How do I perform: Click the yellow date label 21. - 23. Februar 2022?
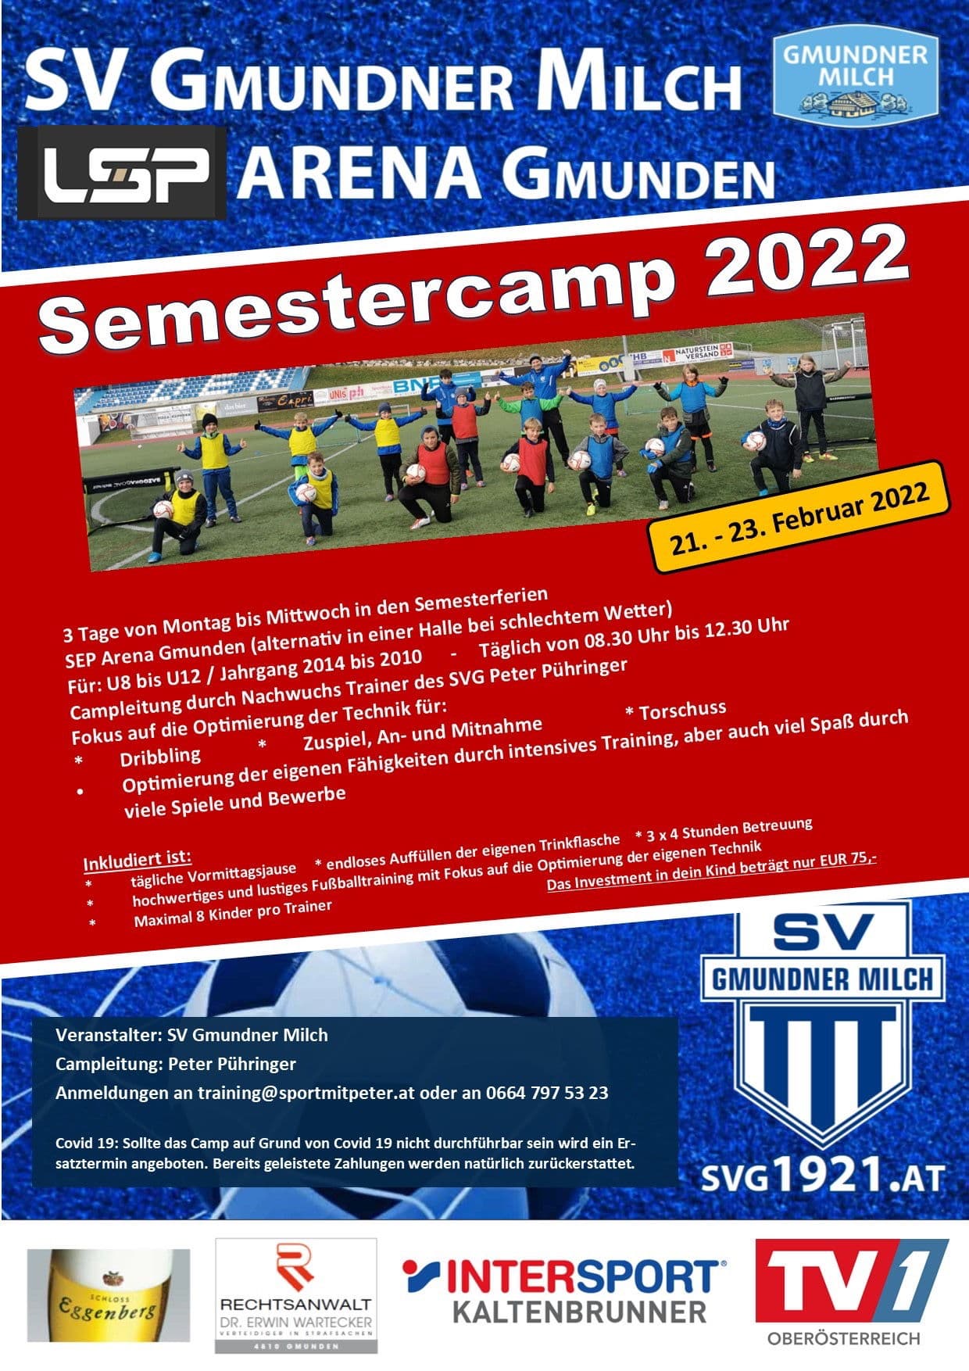[x=801, y=518]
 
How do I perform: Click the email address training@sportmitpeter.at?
[x=306, y=1093]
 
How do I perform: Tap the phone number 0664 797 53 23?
[x=547, y=1093]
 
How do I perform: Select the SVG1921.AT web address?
[x=822, y=1176]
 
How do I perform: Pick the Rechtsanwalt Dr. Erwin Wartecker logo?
[x=296, y=1296]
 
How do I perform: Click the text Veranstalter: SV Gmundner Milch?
[x=192, y=1035]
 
